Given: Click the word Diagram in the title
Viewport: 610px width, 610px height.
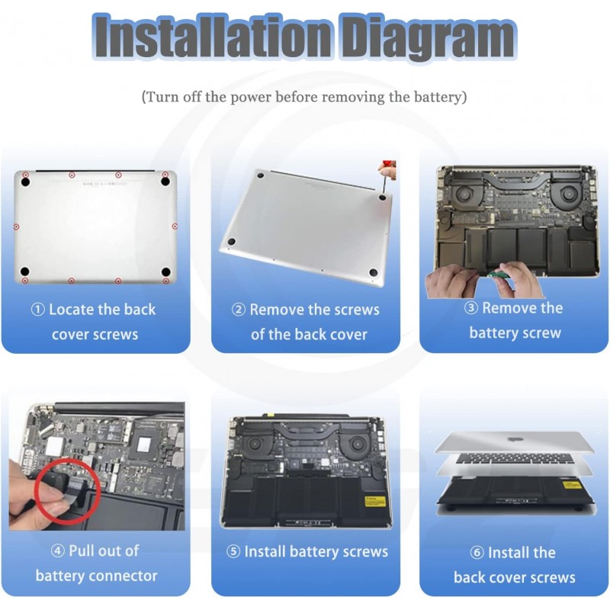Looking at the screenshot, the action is click(428, 37).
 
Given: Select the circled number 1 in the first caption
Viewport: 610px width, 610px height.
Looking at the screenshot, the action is click(37, 310).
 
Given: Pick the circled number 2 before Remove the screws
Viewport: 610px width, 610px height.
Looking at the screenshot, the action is click(239, 310).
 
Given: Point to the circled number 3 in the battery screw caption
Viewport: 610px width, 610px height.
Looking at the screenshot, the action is click(470, 308).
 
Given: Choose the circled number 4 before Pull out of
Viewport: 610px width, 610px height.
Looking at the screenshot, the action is click(58, 551).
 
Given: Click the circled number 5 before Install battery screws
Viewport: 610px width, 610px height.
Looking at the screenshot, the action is click(233, 551).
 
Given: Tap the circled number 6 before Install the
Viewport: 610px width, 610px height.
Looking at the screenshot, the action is click(477, 553).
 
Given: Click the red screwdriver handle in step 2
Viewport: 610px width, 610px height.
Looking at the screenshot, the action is click(389, 165).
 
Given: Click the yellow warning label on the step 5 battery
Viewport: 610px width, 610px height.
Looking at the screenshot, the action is click(374, 501).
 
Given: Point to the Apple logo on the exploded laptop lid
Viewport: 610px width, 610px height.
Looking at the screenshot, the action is click(514, 440).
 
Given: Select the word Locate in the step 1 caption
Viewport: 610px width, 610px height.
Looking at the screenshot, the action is click(71, 310).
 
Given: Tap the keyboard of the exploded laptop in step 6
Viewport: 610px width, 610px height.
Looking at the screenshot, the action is click(514, 460).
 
